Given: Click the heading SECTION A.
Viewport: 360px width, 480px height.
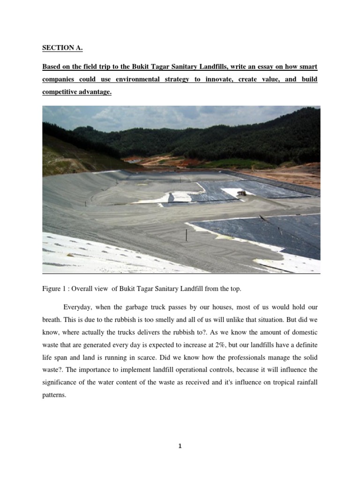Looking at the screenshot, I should (x=59, y=48).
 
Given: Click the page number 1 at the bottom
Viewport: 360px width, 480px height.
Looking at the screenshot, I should (x=180, y=446).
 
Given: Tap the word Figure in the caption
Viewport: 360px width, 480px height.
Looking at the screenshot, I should (x=52, y=289).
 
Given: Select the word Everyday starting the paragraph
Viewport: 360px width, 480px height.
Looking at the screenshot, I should (x=77, y=307).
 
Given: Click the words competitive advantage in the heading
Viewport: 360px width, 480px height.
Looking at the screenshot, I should (x=77, y=92).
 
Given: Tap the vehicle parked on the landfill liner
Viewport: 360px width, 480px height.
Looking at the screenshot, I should (x=242, y=193).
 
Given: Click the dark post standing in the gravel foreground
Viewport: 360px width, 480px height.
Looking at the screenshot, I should (x=187, y=232).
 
